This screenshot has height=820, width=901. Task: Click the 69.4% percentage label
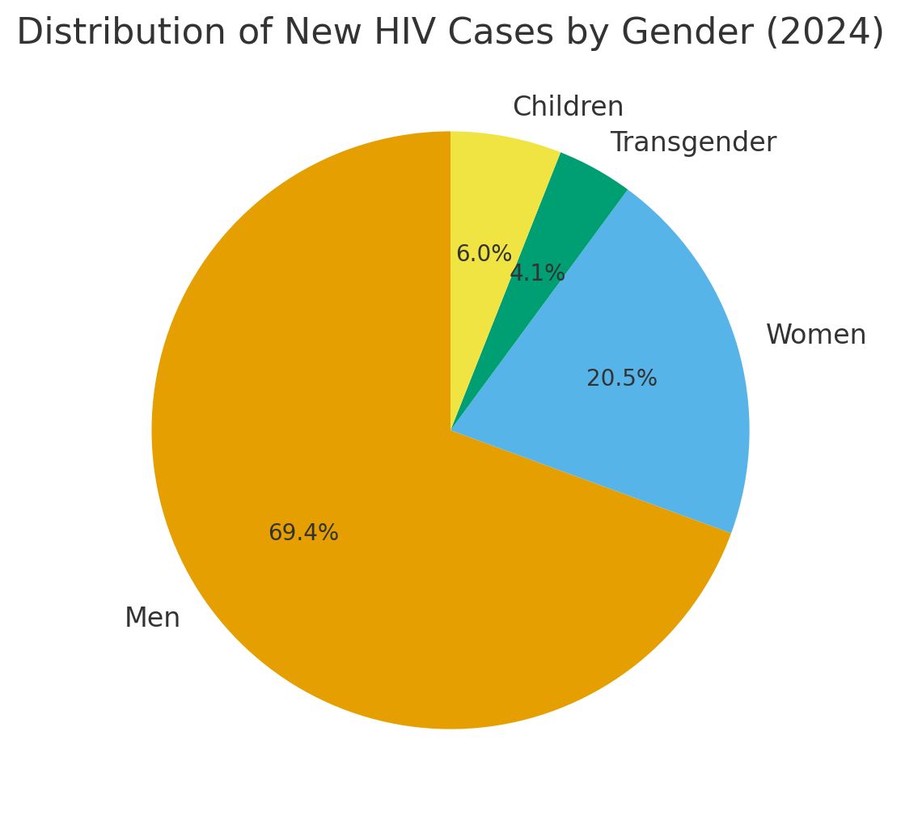303,534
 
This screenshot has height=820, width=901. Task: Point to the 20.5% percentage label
621,378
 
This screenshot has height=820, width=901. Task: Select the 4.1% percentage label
537,273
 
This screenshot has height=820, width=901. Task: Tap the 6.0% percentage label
484,254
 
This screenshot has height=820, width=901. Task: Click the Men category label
152,619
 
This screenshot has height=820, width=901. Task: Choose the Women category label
815,335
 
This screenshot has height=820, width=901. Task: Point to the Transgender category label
693,142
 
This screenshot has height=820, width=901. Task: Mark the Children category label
568,107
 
